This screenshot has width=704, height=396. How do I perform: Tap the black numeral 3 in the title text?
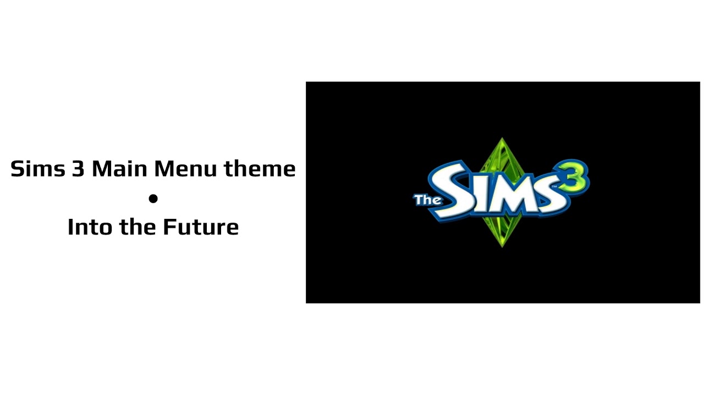click(x=78, y=168)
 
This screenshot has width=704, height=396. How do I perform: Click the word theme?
click(x=260, y=168)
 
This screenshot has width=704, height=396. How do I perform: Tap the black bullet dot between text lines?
click(x=153, y=198)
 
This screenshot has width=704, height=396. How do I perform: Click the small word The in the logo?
click(x=427, y=199)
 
